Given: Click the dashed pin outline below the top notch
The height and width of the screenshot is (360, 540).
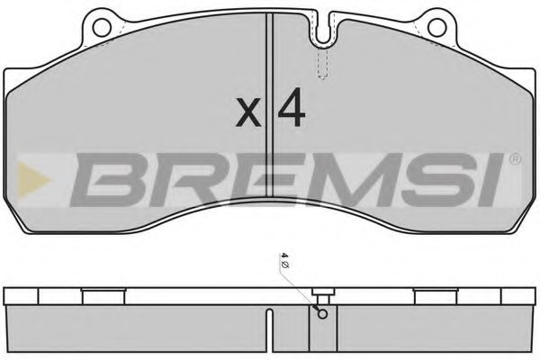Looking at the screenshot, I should pyautogui.click(x=325, y=63).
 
